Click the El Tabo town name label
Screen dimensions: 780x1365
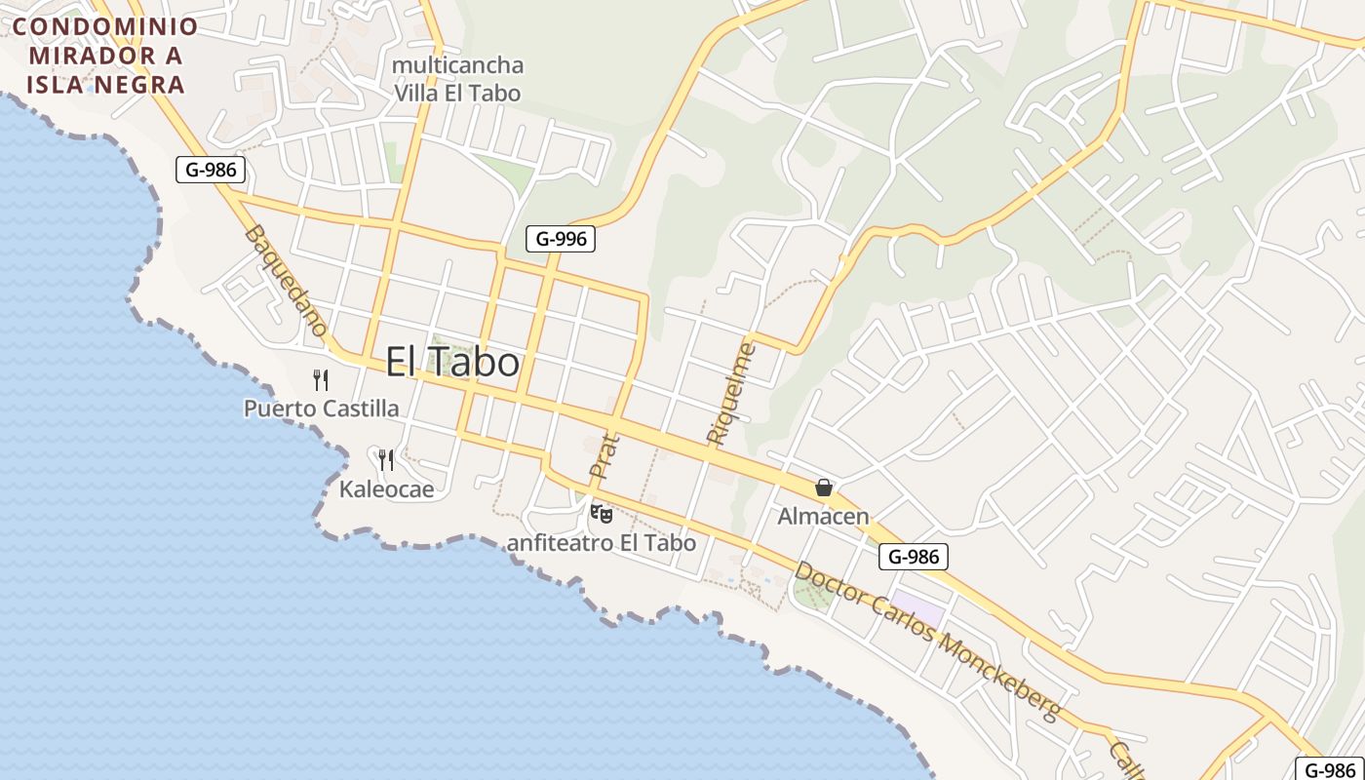452,363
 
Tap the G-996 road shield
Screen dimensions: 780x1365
560,239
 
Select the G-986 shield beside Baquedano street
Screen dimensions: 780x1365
211,170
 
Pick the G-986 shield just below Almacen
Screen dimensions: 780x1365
914,557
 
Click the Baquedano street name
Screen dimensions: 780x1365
286,281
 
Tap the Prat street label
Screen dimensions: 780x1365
604,455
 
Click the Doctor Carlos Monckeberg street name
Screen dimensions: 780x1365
926,642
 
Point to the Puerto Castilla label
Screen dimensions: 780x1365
321,409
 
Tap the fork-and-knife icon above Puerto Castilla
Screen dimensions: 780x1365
321,379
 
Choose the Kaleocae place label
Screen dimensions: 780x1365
386,488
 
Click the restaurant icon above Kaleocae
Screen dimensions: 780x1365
386,459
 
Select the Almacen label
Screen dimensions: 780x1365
823,517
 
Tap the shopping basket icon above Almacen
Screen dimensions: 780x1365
824,487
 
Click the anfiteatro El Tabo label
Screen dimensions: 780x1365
602,543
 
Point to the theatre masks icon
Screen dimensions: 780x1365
602,513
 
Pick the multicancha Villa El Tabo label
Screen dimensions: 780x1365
457,79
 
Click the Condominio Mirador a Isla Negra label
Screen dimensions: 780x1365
105,55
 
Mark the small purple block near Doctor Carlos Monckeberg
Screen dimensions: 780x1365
918,609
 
